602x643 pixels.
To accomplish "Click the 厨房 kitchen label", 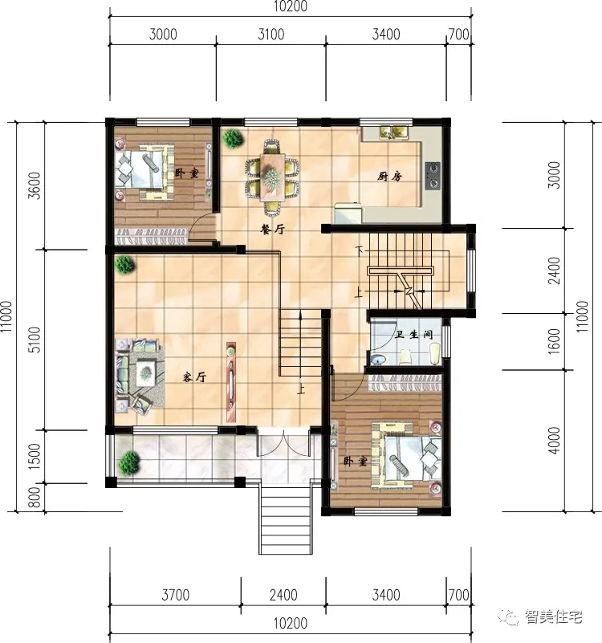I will click(x=388, y=177).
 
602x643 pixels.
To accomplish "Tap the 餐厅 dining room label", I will click(x=273, y=229).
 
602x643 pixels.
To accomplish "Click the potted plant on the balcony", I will click(x=129, y=462).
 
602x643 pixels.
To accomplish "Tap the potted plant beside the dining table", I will click(x=233, y=138).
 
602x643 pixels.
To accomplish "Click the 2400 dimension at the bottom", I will click(x=283, y=596).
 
